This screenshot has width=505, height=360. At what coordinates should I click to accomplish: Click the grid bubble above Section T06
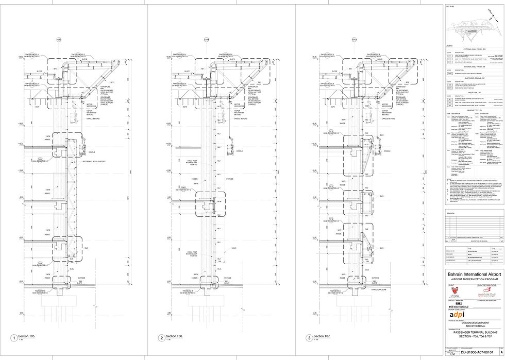click(206, 39)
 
